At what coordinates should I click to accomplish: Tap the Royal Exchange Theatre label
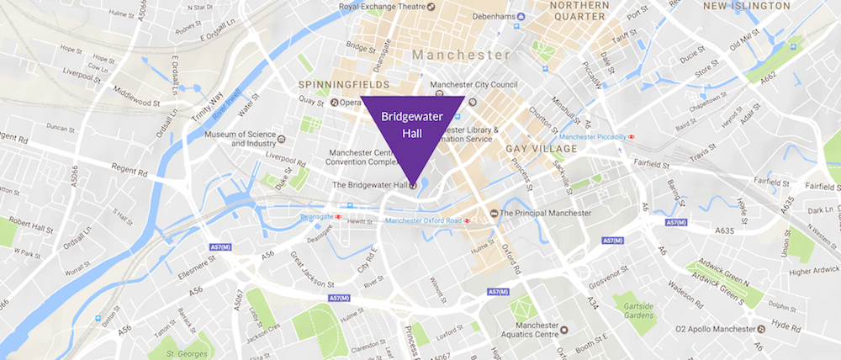tap(376, 8)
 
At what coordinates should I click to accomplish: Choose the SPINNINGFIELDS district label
tap(344, 86)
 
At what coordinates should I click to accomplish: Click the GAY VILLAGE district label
tap(541, 149)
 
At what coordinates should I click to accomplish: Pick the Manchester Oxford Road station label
tap(426, 221)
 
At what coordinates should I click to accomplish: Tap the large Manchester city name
tap(461, 54)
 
